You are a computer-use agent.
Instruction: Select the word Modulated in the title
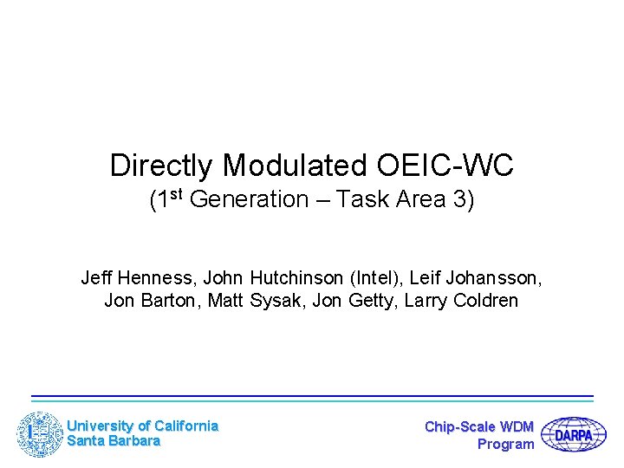295,166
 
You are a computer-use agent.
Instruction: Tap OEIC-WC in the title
445,166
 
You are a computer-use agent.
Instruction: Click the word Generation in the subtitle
249,200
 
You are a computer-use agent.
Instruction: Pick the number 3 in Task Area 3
466,200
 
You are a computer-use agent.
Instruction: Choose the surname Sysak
270,301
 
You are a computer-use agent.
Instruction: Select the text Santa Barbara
114,441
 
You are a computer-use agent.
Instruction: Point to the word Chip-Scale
460,426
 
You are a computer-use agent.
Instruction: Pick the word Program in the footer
506,444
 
